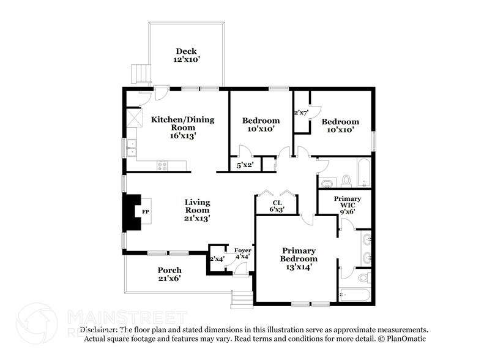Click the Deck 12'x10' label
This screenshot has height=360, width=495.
click(x=186, y=56)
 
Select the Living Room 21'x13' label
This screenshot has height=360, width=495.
click(x=198, y=209)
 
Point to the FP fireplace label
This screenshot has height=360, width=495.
click(x=146, y=212)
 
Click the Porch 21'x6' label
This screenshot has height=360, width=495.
click(x=169, y=274)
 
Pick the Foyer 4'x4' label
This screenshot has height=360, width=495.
click(x=242, y=253)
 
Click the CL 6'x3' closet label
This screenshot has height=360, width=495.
click(x=277, y=206)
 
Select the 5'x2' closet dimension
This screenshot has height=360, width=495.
click(x=245, y=165)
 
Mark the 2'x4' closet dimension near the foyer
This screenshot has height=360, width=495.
click(x=217, y=259)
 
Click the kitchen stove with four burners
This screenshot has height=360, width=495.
click(x=163, y=164)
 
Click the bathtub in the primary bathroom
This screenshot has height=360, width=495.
click(x=354, y=295)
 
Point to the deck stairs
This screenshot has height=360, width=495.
click(x=141, y=73)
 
